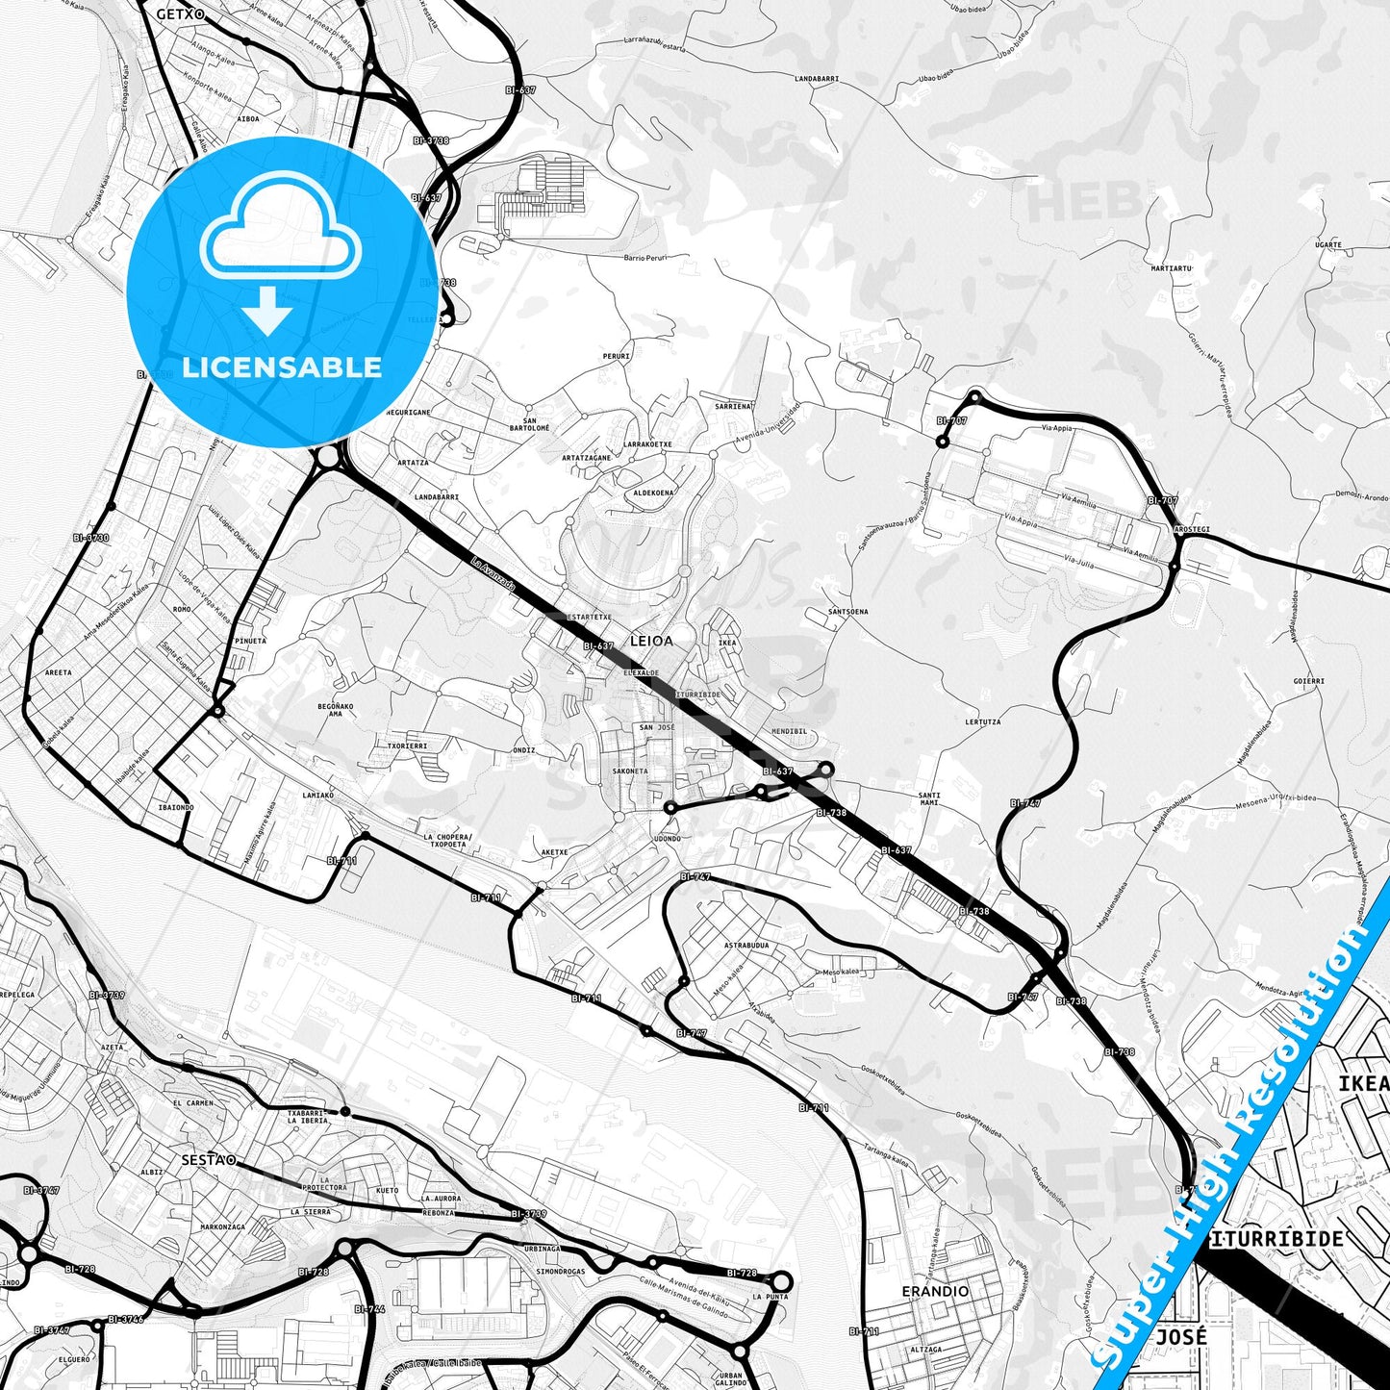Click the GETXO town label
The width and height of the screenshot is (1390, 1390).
click(x=180, y=13)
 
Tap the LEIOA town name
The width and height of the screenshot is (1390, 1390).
click(x=651, y=640)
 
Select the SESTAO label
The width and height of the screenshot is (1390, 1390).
click(x=208, y=1160)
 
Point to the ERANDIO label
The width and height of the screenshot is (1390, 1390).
click(x=935, y=1291)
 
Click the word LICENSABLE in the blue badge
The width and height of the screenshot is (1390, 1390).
click(x=282, y=366)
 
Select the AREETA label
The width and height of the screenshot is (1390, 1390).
click(x=59, y=672)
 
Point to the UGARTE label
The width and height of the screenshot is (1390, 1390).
click(x=1327, y=244)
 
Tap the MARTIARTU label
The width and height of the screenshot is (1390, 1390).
click(x=1172, y=268)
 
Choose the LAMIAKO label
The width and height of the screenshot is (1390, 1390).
click(x=317, y=795)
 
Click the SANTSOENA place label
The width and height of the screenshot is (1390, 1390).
click(x=847, y=611)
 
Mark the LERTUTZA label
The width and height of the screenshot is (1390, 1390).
click(x=982, y=721)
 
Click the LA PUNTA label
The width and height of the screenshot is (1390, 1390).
click(x=770, y=1297)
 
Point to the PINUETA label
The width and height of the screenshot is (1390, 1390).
click(x=250, y=640)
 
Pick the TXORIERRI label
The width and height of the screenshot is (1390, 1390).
click(x=407, y=746)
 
